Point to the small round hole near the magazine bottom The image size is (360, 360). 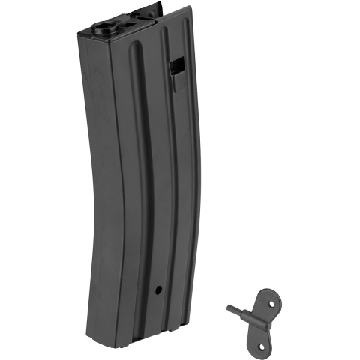(x=158, y=289)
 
